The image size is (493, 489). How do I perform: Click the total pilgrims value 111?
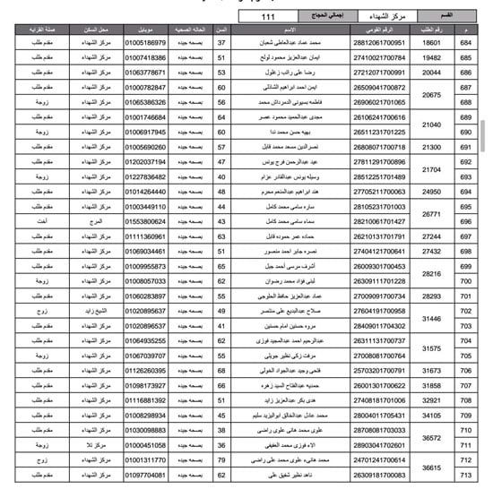268,17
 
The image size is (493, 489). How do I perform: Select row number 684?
466,43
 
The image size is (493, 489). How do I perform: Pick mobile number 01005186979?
145,43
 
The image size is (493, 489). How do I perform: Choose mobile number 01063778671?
145,73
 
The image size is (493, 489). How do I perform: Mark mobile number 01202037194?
145,161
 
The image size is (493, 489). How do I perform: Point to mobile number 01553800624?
145,220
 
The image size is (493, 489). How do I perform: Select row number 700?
466,280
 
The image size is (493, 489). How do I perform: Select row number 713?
466,474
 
